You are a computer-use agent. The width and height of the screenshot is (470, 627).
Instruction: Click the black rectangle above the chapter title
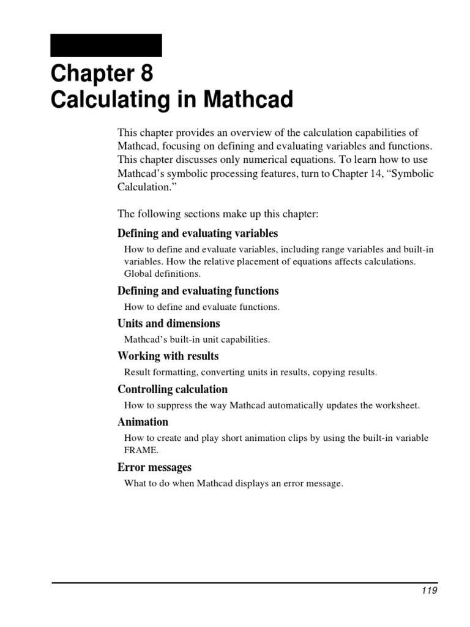106,45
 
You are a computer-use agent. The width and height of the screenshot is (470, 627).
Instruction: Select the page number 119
429,591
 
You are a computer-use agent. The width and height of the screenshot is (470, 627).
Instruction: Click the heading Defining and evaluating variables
198,233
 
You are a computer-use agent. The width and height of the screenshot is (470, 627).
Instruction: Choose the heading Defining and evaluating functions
198,291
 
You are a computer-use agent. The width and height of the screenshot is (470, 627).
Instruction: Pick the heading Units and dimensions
168,323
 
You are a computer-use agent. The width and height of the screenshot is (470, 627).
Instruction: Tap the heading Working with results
168,356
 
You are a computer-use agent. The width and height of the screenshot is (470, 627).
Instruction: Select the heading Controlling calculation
172,389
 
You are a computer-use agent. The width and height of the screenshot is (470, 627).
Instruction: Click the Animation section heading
143,422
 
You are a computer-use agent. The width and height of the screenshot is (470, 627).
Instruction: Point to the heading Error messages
154,467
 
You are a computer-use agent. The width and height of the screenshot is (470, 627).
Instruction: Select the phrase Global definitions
162,274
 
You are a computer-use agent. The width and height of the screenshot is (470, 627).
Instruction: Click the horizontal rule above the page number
245,582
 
